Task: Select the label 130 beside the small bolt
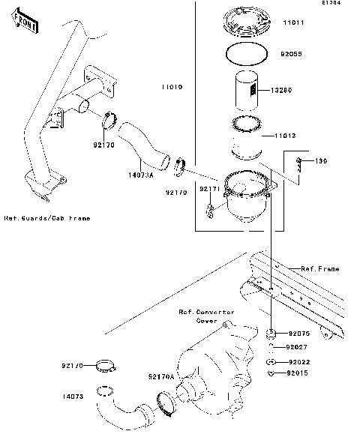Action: click(321, 161)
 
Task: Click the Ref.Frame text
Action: click(319, 268)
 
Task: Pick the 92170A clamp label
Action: click(160, 376)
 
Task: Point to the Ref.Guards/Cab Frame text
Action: click(46, 218)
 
